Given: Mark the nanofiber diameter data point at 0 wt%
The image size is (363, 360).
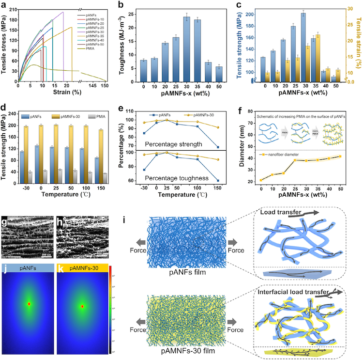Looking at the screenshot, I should pyautogui.click(x=261, y=180).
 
